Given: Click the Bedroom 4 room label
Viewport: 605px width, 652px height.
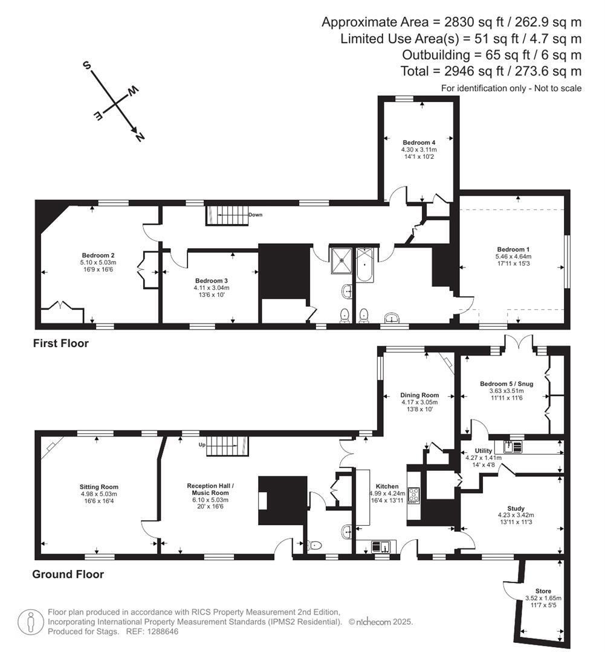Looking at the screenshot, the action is pyautogui.click(x=419, y=142).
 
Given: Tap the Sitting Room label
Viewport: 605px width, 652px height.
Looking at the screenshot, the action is pyautogui.click(x=99, y=487).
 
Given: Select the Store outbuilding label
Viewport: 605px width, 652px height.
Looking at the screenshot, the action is pyautogui.click(x=543, y=591).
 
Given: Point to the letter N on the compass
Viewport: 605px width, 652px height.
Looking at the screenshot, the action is pyautogui.click(x=140, y=136).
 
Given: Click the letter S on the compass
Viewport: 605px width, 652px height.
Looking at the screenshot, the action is pyautogui.click(x=86, y=65).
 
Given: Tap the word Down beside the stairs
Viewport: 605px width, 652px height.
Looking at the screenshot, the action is pyautogui.click(x=255, y=214).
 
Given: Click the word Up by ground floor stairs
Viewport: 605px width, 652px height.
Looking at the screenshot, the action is pyautogui.click(x=202, y=444).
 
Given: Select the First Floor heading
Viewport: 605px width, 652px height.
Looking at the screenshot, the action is pyautogui.click(x=61, y=343).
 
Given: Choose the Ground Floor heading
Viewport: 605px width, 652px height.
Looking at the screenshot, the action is pyautogui.click(x=68, y=574).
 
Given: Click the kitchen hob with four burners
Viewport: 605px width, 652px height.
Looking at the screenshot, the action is pyautogui.click(x=414, y=495).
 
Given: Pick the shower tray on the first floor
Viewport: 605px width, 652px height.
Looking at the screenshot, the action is pyautogui.click(x=341, y=261).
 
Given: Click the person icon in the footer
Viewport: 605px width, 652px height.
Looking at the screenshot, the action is pyautogui.click(x=31, y=622).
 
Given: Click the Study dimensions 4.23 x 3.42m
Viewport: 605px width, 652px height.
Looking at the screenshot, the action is pyautogui.click(x=516, y=515).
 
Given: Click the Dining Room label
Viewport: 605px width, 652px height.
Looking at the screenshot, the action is pyautogui.click(x=419, y=395).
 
